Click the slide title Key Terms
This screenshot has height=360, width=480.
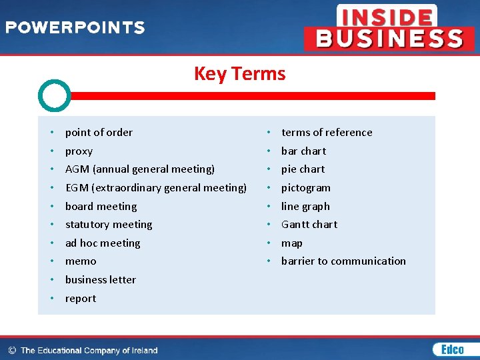239,73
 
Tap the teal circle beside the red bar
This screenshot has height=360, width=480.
54,96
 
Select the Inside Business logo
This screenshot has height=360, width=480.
389,27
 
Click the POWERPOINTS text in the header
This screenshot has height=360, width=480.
75,28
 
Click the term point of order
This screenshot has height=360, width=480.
99,132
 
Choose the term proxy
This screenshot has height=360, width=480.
79,151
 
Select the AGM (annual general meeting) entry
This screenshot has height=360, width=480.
140,169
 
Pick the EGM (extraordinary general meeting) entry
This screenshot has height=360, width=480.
156,187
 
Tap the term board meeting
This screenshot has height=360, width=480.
101,206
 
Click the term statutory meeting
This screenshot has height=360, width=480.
109,225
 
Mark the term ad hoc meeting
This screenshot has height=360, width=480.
103,243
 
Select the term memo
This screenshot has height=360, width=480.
81,261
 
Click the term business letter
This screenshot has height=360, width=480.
101,279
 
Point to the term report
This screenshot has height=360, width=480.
81,298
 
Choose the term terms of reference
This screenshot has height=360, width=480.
327,132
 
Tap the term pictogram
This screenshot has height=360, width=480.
306,187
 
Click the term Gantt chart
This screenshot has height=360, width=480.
309,225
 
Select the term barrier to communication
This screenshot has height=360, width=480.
343,261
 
